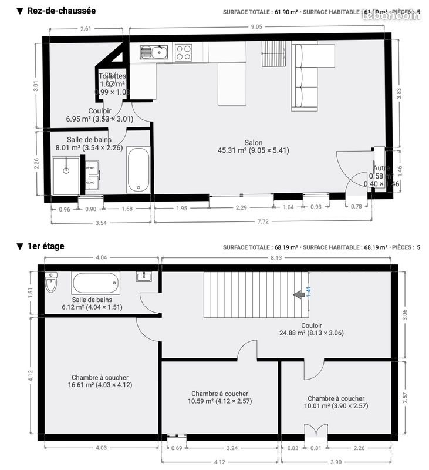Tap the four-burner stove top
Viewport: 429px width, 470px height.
[x=183, y=53]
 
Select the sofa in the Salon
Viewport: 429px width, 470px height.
[x=305, y=76]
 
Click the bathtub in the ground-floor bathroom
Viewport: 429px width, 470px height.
[x=139, y=170]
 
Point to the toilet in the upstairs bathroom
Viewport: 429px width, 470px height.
[x=51, y=283]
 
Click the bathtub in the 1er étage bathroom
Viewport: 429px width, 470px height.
[x=96, y=283]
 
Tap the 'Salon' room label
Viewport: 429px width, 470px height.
[x=254, y=143]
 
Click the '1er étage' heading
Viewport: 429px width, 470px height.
[x=46, y=246]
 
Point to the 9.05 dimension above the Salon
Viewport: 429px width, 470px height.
[x=256, y=26]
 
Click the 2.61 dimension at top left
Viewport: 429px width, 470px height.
[x=86, y=29]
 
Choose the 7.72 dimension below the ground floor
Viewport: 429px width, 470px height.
[x=262, y=221]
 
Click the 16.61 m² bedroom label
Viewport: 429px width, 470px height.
[x=100, y=381]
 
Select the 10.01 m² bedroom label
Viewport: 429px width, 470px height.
[x=336, y=402]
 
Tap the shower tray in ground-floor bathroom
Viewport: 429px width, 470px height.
[x=66, y=171]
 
